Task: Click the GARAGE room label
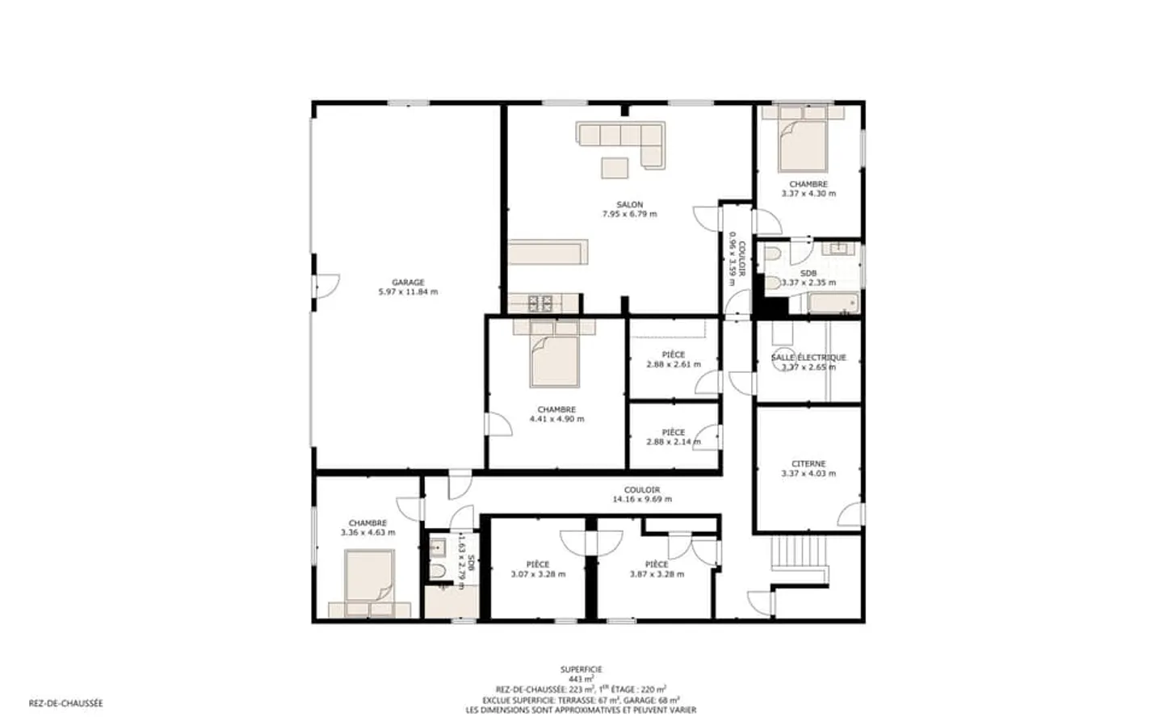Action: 408,283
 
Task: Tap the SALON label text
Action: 630,204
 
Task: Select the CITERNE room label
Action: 808,464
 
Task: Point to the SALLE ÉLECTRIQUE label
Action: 808,358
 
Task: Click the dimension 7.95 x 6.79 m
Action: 630,214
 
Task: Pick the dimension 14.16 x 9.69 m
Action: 642,499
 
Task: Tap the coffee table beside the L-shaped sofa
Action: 615,168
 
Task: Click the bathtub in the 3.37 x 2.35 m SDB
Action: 833,303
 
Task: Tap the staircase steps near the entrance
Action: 799,553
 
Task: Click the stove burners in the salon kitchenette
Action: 540,303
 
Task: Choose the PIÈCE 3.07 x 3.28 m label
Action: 538,569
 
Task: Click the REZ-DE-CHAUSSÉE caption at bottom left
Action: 66,703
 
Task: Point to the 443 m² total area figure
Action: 581,679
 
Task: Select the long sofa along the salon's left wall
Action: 548,252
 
